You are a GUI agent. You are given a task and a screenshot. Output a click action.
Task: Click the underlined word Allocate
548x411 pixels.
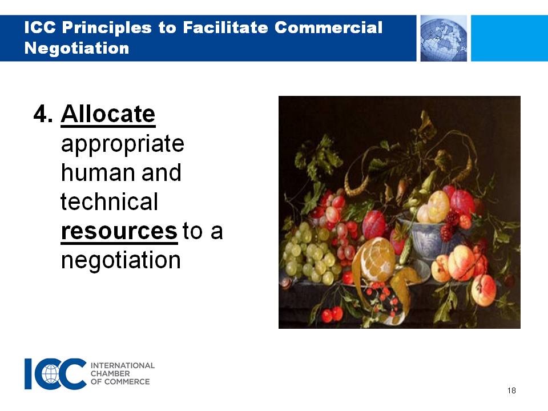108,114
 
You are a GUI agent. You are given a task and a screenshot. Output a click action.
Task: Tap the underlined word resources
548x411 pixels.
119,231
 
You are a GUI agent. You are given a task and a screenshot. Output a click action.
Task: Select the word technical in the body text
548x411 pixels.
110,202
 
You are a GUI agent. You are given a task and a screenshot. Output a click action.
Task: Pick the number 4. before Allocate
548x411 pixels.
43,114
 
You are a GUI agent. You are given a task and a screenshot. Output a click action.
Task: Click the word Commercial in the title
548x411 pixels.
329,27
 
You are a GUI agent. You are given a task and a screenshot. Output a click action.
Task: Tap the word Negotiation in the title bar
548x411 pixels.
77,47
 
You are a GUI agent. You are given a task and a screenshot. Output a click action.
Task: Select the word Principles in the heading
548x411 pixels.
107,28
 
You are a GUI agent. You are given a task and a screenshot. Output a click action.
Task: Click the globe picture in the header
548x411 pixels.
444,38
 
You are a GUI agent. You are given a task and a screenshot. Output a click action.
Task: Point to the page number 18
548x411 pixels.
511,390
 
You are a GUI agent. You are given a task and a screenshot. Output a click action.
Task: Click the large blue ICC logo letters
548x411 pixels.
55,373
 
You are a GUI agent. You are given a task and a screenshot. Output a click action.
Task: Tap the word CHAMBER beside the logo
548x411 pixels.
110,373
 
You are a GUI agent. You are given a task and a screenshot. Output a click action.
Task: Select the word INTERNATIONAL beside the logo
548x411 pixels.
123,365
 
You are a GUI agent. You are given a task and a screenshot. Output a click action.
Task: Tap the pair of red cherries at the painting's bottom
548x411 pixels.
332,314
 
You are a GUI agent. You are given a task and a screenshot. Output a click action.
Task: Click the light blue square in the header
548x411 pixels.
510,38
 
